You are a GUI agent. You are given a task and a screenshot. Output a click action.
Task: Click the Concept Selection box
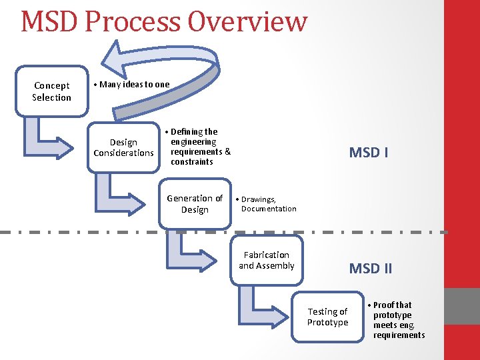coord(51,91)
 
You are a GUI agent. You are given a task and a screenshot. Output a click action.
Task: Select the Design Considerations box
coord(123,147)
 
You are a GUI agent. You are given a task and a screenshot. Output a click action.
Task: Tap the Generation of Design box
coord(195,203)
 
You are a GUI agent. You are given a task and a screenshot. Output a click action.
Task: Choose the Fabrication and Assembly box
coord(267,260)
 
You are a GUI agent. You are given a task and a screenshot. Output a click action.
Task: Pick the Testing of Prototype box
coord(327,317)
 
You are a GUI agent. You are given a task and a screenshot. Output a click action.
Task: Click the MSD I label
coord(369,152)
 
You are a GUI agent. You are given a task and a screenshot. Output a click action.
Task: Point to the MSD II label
coord(371,269)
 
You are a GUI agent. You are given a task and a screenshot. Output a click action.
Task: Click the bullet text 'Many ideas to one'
coord(133,85)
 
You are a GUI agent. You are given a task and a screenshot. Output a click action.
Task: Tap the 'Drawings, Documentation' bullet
coord(267,204)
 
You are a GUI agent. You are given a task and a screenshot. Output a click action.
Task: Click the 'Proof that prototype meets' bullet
coord(397,320)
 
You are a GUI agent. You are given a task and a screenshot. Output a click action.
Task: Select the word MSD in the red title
coord(49,21)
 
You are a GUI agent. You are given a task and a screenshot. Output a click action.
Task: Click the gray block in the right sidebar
coord(462,306)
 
